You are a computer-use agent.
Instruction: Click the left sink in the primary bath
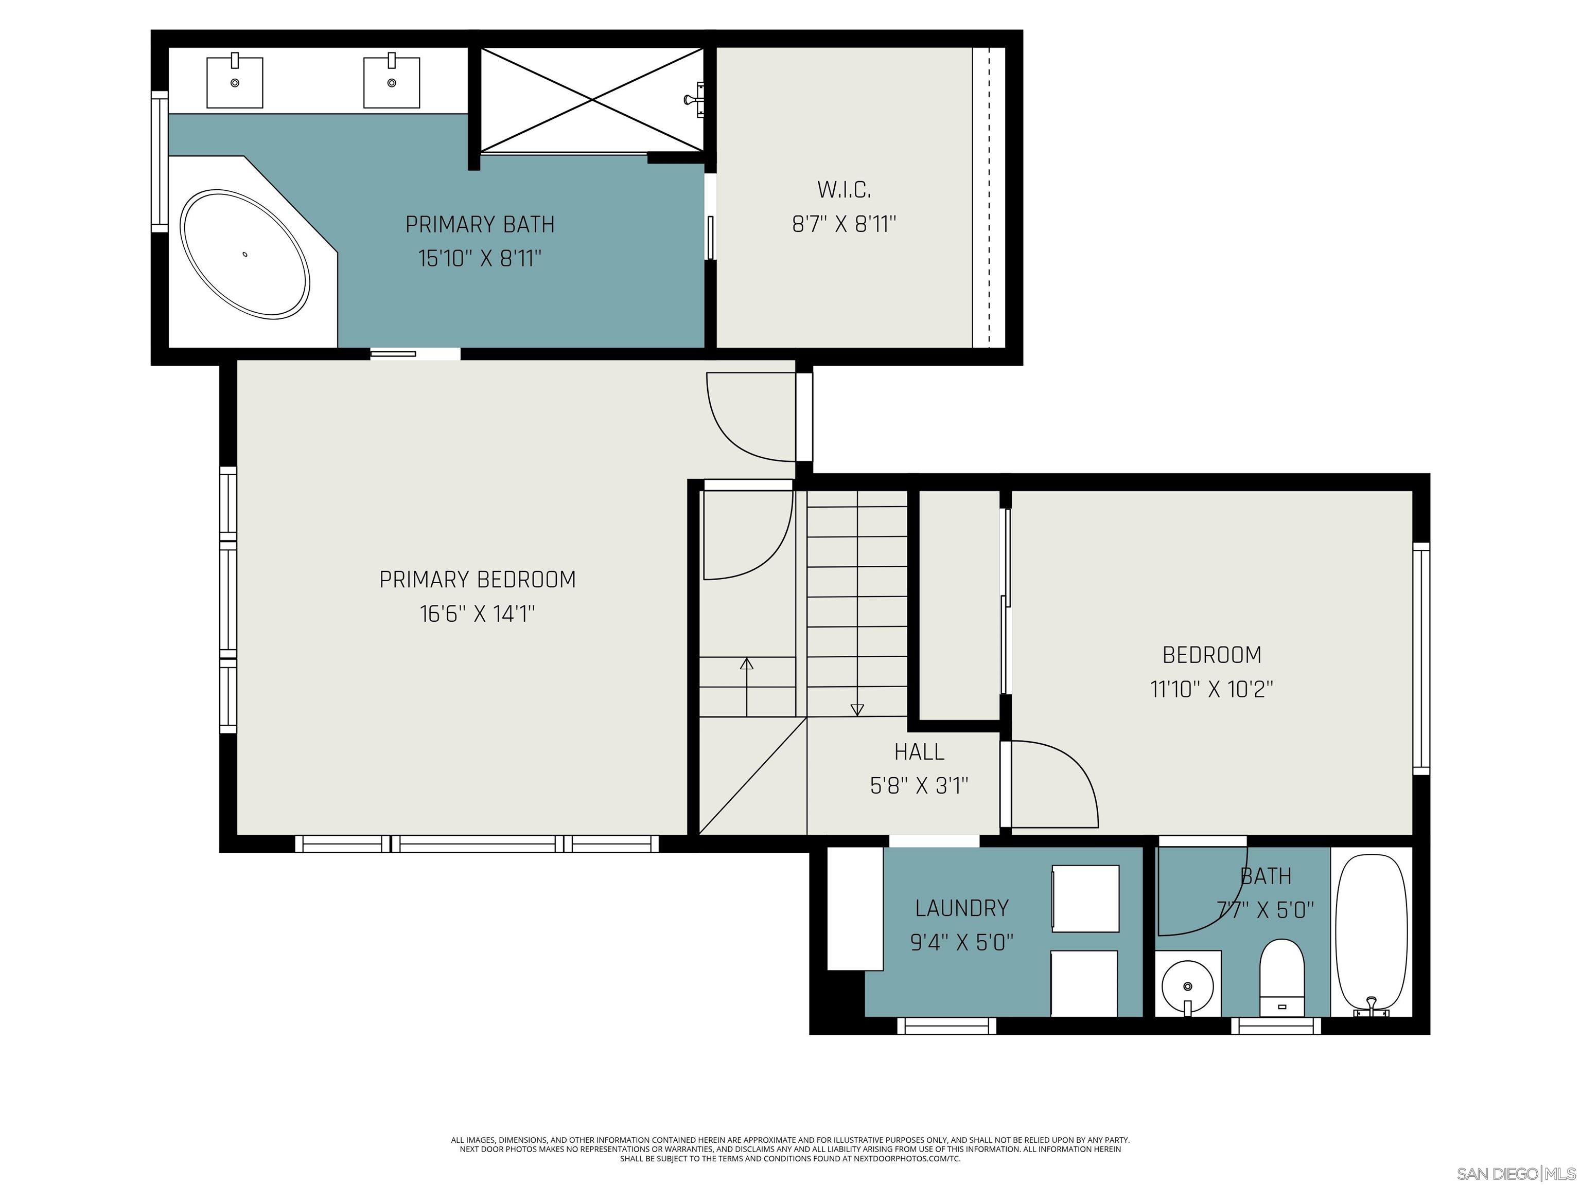[235, 82]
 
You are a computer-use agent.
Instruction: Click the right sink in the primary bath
[391, 82]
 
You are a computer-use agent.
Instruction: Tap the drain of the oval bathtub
[245, 254]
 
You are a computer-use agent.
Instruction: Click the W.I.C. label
[844, 190]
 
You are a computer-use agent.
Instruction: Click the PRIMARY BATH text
[480, 224]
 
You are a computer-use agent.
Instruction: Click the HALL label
[919, 751]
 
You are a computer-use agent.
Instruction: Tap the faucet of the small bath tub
[1371, 1007]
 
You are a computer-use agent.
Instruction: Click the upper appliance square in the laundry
[1085, 899]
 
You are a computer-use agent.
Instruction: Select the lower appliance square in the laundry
[1083, 982]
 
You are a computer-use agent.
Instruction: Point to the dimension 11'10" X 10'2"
[1211, 689]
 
